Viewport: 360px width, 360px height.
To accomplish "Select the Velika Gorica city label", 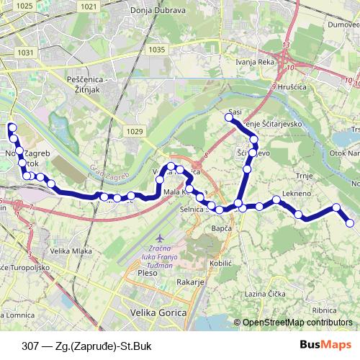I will pos(156,313).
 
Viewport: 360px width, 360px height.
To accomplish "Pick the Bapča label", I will pos(222,228).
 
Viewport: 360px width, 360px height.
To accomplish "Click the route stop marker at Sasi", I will pos(230,118).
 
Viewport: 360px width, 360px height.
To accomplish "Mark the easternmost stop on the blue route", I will pos(351,223).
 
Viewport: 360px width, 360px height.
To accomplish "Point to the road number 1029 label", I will pos(133,131).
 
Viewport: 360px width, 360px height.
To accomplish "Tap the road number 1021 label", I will pos(89,6).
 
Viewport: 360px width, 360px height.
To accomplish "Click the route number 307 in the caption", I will pos(31,345).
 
